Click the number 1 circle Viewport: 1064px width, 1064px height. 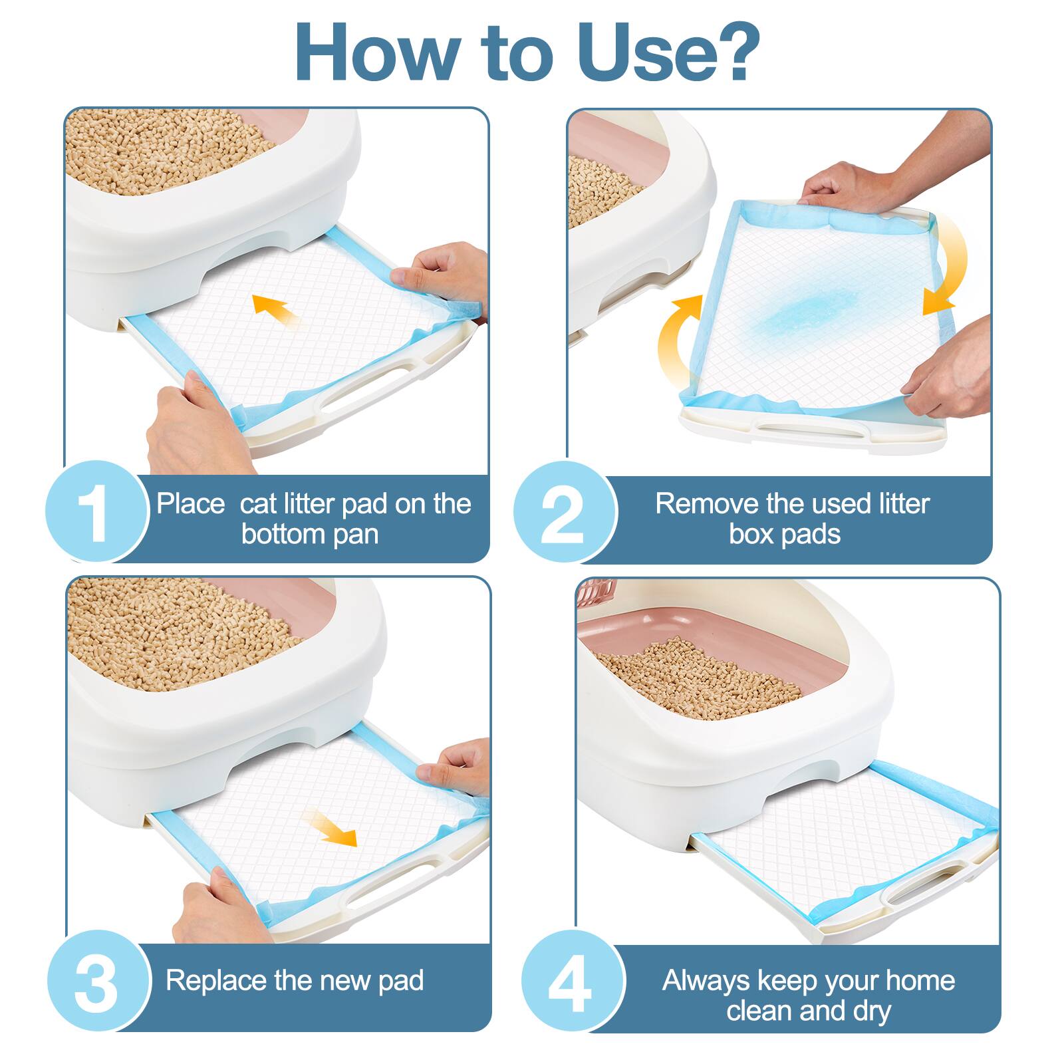coord(96,512)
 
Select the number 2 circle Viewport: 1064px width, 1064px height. coord(565,512)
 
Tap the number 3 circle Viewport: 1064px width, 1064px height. coord(96,981)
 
